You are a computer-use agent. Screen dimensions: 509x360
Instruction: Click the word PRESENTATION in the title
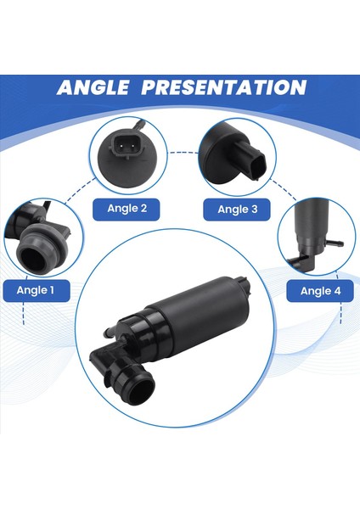tap(227, 87)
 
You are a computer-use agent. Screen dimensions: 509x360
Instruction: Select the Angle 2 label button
tap(127, 209)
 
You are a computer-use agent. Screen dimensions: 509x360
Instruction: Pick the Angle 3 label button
tap(237, 209)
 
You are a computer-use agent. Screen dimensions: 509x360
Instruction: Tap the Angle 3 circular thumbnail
tap(235, 154)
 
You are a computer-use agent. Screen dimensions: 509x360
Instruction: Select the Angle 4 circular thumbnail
tap(315, 233)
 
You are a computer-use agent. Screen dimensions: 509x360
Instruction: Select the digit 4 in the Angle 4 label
tap(337, 291)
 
